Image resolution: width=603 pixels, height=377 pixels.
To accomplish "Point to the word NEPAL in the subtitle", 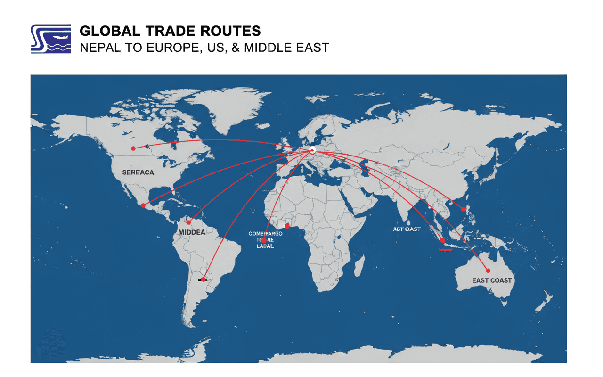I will (98, 48).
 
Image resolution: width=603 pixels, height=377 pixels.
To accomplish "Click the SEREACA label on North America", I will (138, 172).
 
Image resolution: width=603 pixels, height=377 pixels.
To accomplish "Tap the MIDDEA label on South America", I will (192, 232).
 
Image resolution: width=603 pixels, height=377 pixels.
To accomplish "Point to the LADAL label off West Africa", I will (265, 246).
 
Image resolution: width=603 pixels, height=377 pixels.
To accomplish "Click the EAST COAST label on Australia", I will (491, 280).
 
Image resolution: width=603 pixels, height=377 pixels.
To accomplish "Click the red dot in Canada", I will (133, 148).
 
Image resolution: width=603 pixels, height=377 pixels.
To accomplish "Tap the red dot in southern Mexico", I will (143, 205).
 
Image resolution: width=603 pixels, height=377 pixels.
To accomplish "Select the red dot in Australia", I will (488, 270).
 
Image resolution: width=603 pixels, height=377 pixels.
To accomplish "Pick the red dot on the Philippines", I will (464, 209).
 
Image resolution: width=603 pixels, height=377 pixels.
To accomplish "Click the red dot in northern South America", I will (188, 222).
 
